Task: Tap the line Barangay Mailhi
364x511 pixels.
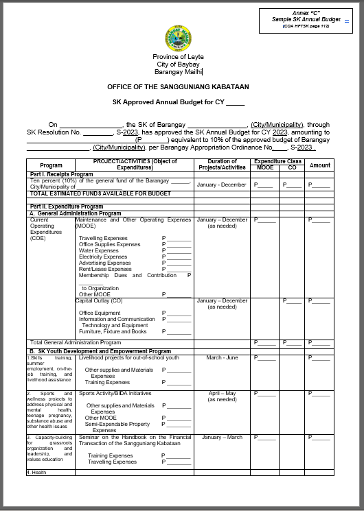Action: tap(178, 71)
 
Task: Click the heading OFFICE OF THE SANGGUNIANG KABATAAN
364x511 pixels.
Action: tap(178, 87)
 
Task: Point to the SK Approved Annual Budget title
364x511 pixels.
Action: tap(178, 103)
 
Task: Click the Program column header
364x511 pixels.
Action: tap(51, 165)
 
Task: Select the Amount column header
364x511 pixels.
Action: tap(319, 165)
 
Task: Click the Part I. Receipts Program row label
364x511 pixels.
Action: tap(62, 175)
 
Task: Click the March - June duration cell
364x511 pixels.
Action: tap(222, 357)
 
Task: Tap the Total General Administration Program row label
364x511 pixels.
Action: tap(76, 342)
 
